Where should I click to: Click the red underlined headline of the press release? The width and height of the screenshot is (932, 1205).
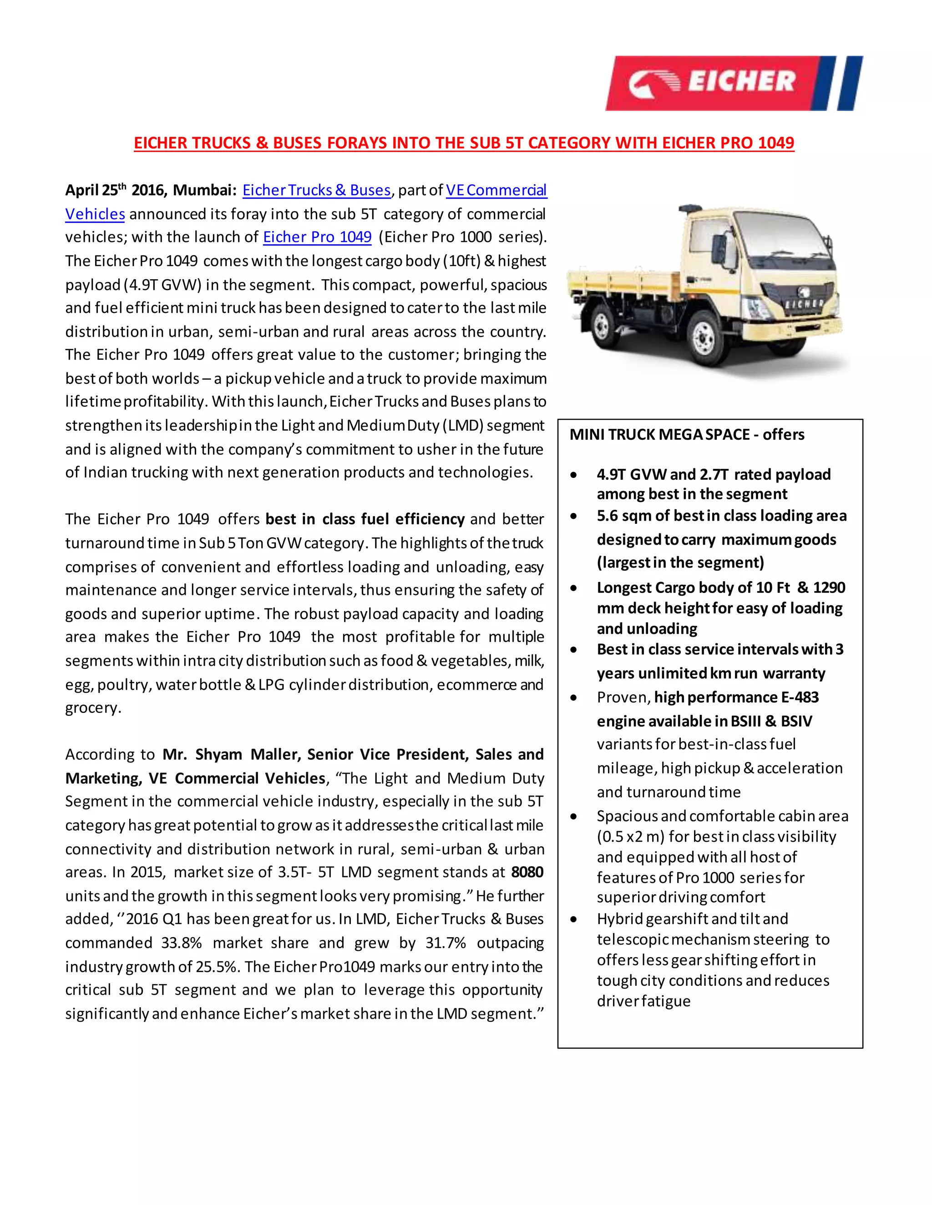coord(464,143)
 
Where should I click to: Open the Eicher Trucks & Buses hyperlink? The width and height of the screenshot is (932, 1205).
coord(316,191)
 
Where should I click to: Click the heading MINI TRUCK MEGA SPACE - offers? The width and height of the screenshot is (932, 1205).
coord(686,435)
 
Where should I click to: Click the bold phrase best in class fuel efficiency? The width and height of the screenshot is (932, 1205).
coord(365,519)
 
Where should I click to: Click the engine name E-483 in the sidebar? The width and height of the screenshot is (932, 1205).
coord(800,698)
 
